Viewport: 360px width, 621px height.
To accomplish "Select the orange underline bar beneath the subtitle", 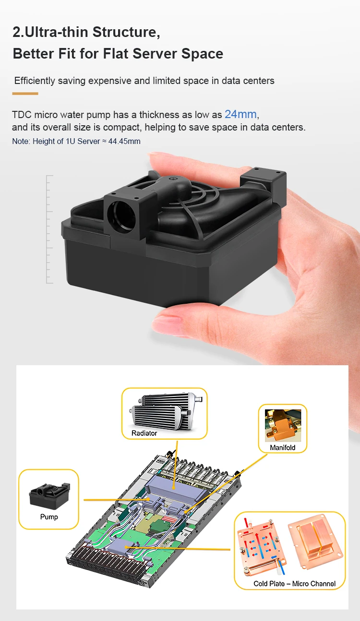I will [x=25, y=93].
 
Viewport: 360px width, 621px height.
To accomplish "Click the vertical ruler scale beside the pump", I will [x=49, y=229].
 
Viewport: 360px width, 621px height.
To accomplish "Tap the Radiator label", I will [x=144, y=433].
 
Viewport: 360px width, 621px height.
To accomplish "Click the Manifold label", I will [x=283, y=447].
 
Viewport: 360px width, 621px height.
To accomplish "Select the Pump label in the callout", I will [x=49, y=517].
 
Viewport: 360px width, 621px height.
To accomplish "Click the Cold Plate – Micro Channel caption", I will [x=295, y=584].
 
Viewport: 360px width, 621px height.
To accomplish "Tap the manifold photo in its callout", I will [x=282, y=425].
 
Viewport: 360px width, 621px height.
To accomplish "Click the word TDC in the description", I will [x=22, y=115].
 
